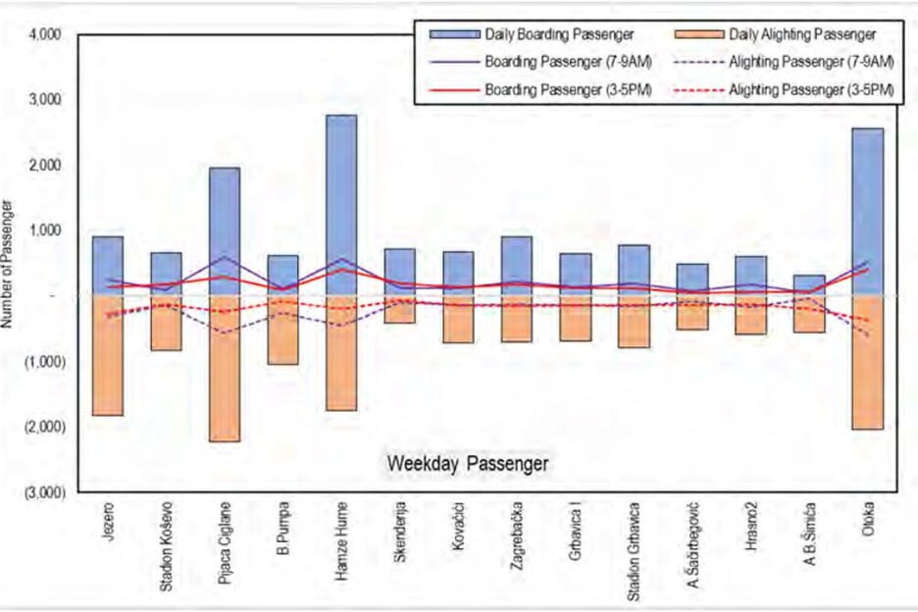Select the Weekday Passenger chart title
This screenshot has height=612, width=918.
pyautogui.click(x=467, y=461)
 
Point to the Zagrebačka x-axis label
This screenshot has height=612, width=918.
pyautogui.click(x=517, y=535)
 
